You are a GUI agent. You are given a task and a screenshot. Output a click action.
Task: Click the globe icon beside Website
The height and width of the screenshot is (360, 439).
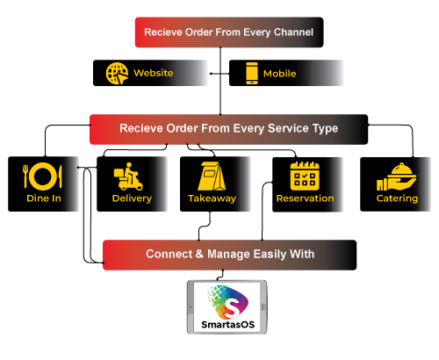click(x=117, y=74)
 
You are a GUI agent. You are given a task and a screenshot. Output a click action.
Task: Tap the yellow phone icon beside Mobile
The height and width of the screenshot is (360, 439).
click(x=252, y=73)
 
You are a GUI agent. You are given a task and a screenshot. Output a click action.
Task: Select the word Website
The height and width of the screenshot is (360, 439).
click(x=154, y=73)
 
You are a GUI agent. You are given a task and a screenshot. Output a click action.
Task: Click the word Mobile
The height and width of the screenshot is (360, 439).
click(x=279, y=74)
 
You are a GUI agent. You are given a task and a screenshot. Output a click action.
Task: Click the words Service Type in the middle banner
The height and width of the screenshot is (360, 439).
click(x=303, y=128)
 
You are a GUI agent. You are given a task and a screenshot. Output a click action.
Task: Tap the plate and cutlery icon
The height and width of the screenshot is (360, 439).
click(x=43, y=176)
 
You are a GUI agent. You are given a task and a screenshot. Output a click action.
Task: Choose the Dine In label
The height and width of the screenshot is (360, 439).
click(x=44, y=198)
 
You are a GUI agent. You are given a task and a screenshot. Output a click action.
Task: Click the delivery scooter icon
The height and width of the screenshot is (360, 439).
click(x=128, y=176)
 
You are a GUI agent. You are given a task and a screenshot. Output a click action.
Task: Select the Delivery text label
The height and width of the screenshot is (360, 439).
click(x=132, y=198)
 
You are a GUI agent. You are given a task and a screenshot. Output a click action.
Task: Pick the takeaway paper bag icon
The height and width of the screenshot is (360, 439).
click(x=212, y=176)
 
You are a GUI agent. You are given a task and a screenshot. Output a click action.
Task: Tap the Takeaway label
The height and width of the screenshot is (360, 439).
click(x=212, y=198)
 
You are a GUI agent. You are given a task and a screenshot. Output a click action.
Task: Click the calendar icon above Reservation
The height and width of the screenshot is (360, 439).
click(x=305, y=176)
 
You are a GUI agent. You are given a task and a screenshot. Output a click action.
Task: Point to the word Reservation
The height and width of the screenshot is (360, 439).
click(x=305, y=198)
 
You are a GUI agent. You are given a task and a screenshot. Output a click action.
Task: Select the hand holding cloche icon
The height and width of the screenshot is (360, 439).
click(x=397, y=176)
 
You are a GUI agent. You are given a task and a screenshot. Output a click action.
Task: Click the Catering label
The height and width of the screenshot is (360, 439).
click(x=397, y=198)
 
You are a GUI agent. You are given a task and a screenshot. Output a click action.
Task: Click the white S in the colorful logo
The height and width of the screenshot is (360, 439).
click(x=232, y=307)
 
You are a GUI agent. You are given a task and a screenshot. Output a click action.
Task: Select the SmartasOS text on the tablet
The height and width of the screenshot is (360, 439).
click(x=228, y=325)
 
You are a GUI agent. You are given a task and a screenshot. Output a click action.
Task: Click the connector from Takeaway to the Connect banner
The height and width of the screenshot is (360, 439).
click(x=205, y=226)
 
